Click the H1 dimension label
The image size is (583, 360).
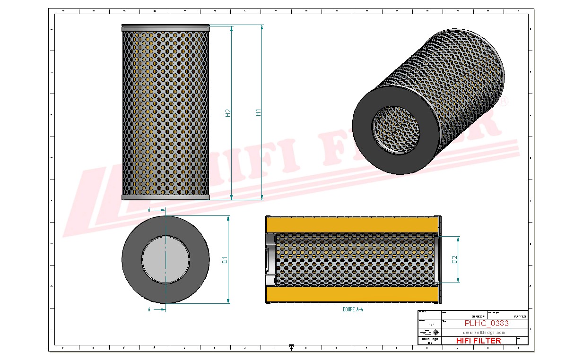coord(259,112)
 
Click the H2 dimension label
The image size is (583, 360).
coord(228,113)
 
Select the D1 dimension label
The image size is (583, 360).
coord(225,259)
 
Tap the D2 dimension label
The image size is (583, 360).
coord(454,259)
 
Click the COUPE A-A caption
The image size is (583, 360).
coord(353,309)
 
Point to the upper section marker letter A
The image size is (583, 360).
coord(149,209)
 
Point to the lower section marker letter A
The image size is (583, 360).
coord(149,309)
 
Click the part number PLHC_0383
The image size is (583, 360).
coord(487,323)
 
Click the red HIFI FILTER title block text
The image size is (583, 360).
coord(478,340)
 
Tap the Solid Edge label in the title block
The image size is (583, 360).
coord(429,339)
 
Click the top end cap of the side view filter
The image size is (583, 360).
coord(165,28)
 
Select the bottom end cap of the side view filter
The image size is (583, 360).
coord(165,197)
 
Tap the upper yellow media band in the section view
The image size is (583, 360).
coord(352,224)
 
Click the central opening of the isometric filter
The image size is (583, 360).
coord(396,129)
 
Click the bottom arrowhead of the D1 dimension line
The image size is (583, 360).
coord(228,301)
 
